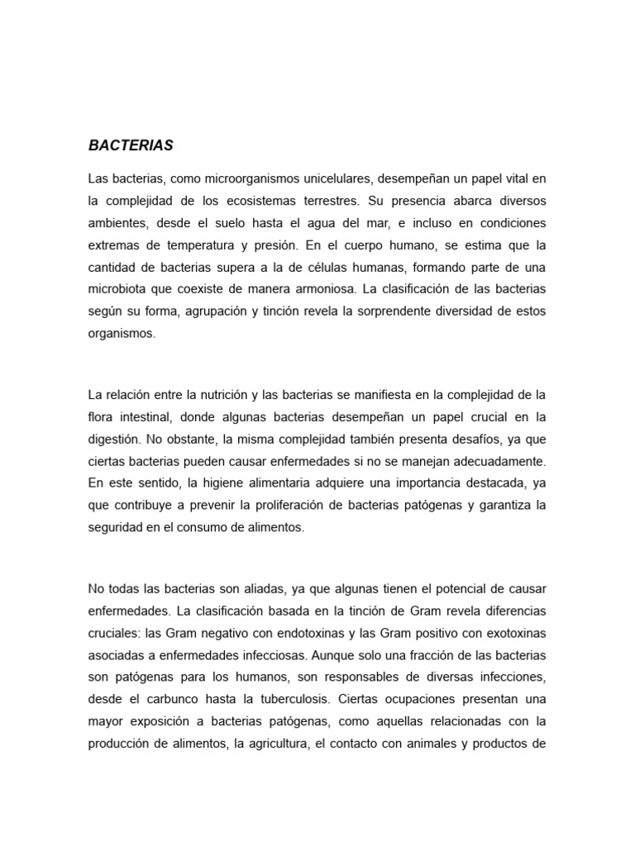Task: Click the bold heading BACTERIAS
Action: [x=131, y=145]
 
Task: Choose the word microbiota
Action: [x=116, y=291]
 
